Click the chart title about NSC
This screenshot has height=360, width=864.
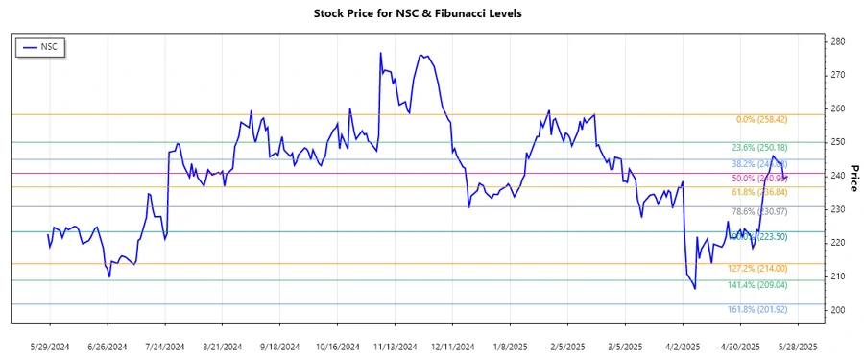[x=431, y=13]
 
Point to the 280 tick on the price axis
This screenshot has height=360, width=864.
[x=837, y=41]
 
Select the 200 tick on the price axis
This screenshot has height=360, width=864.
[x=837, y=310]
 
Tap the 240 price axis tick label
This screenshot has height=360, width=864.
[x=837, y=176]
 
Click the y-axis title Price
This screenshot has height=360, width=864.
[x=853, y=176]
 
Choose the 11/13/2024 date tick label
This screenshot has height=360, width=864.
[x=395, y=346]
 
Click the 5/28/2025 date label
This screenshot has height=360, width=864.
[x=797, y=346]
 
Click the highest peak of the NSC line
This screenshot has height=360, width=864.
[x=381, y=53]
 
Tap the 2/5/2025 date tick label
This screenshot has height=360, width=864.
[x=567, y=346]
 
